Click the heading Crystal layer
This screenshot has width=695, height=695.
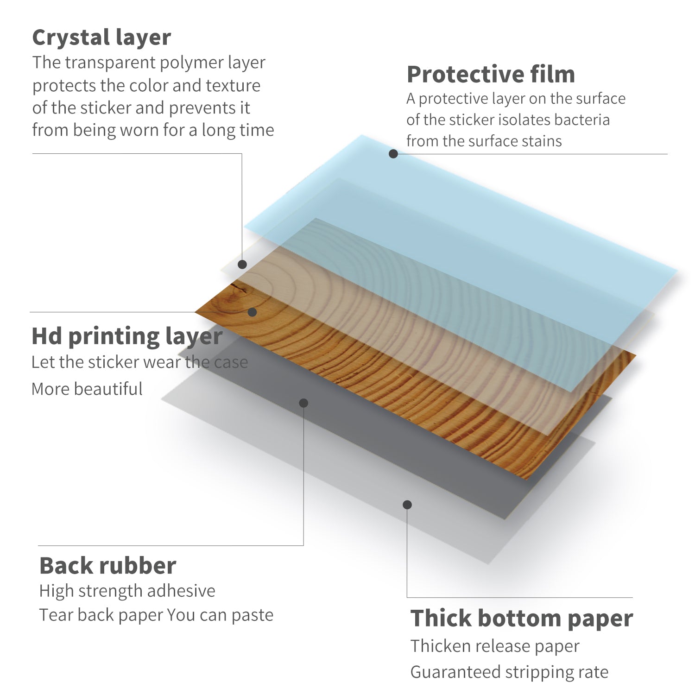pos(101,38)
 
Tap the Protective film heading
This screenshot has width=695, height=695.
pos(491,74)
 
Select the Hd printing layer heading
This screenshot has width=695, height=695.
pos(127,336)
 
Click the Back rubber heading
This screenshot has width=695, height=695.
pos(107,566)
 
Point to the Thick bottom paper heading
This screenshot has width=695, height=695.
pos(522,618)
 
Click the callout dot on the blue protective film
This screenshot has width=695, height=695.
pos(393,154)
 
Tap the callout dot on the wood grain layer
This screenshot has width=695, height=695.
pos(252,312)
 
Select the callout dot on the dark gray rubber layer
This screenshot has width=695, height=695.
pos(303,403)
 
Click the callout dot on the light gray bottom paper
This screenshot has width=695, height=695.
pos(407,505)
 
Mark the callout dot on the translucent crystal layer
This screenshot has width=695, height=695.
pos(242,265)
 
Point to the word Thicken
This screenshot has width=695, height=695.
pos(439,646)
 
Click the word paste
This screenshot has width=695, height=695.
pos(253,615)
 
